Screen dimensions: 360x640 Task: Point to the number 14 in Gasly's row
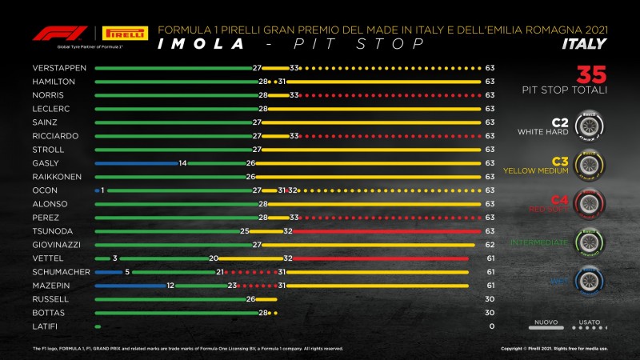click(182, 163)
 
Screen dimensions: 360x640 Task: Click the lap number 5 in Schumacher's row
click(127, 272)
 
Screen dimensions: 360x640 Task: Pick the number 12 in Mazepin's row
click(170, 286)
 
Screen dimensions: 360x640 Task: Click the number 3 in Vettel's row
click(114, 258)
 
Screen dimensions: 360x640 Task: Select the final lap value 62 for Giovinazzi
click(489, 245)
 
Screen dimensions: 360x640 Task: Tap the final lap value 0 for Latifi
click(489, 326)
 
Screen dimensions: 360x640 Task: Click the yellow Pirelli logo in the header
click(126, 34)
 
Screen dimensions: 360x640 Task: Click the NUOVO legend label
click(546, 322)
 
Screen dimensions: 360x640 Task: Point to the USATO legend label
click(589, 322)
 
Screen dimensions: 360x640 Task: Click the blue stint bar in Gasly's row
click(134, 163)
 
